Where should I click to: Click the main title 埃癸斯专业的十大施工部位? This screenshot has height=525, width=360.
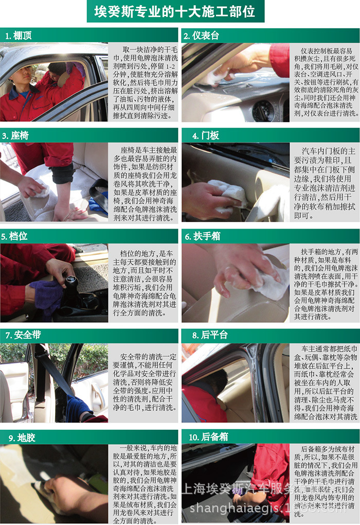coord(174,11)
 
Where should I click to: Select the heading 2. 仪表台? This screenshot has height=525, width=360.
coord(202,36)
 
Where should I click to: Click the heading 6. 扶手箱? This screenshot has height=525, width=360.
coord(206,236)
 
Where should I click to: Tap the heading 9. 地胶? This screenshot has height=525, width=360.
coord(19,437)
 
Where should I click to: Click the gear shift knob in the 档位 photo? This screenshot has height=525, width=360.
coord(71,283)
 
